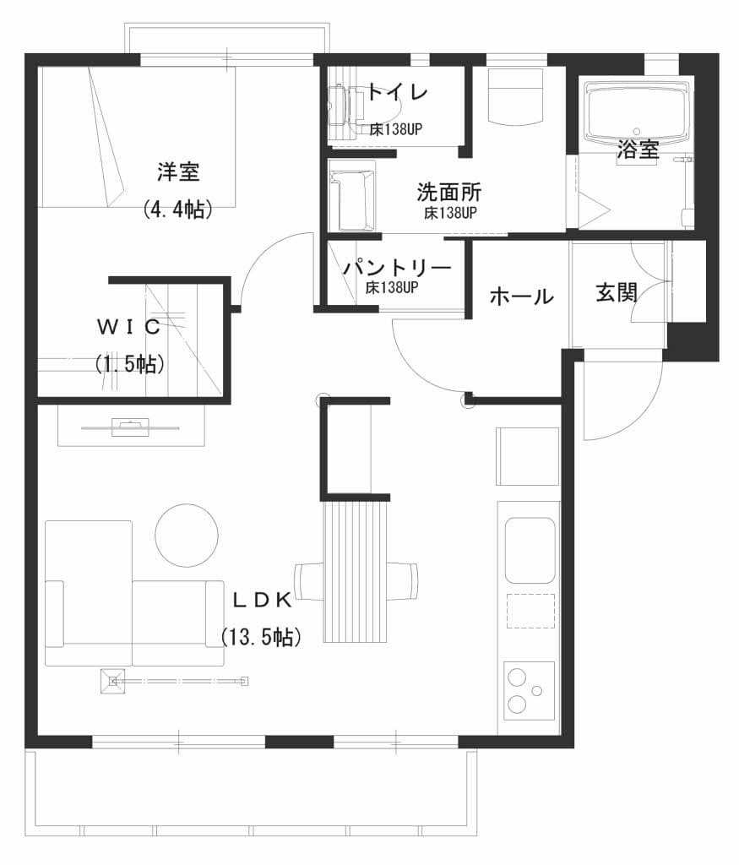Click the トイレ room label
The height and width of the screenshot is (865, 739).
tap(398, 92)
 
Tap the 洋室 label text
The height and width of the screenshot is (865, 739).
tap(178, 171)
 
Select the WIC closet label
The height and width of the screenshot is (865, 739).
tap(129, 327)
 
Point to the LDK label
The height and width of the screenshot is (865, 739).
tap(262, 601)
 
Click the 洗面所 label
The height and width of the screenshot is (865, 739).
tap(449, 192)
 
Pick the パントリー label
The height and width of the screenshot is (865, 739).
tap(397, 268)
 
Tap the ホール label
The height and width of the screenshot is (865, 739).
tap(522, 296)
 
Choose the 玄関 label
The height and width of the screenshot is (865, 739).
tap(617, 292)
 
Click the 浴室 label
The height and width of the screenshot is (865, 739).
tap(638, 149)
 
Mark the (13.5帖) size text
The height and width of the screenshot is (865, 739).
tap(262, 637)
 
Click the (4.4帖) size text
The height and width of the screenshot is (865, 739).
tap(177, 209)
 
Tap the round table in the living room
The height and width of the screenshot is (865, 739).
tap(187, 535)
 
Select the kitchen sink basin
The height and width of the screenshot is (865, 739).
tap(530, 550)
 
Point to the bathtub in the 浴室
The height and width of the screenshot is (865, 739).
tap(638, 112)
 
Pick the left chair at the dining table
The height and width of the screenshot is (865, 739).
tap(309, 581)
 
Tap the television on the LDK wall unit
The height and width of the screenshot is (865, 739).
tap(130, 427)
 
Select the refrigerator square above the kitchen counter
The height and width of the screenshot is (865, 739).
tap(528, 457)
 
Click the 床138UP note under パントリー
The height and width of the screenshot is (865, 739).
tap(392, 287)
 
